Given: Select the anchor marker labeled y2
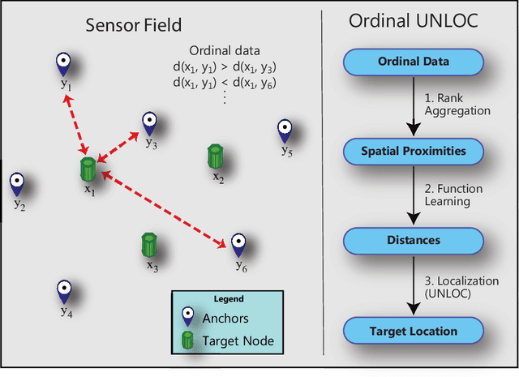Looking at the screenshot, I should (16, 184).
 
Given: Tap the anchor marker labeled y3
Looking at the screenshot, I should (149, 122).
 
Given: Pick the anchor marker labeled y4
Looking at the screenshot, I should (66, 290).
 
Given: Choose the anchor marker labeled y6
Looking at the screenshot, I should (238, 243).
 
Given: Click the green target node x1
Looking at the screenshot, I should (88, 170).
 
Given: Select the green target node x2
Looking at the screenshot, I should (216, 156).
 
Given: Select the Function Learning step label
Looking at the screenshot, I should (455, 195).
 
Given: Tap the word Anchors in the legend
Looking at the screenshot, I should (226, 318).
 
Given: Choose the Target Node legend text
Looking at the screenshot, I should (238, 341).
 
